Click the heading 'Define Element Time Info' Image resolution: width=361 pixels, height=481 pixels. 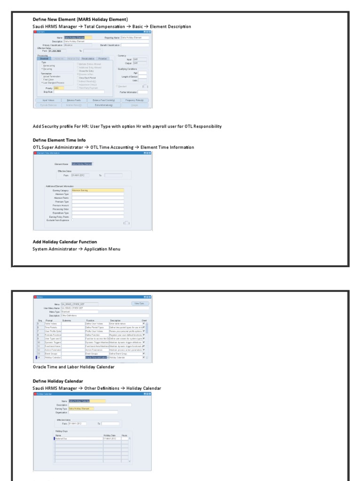[59, 140]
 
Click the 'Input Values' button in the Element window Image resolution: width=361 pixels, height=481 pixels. [48, 100]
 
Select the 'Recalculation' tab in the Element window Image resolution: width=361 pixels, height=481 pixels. [88, 58]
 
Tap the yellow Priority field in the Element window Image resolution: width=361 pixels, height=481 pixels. [59, 88]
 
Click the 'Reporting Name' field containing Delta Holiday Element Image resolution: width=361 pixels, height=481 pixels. [134, 38]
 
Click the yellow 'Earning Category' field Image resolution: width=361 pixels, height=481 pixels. [98, 190]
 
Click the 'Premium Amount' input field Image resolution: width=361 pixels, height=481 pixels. [98, 205]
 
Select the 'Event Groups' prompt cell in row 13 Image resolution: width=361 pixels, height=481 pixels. [52, 353]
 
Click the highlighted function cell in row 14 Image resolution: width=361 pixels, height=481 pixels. [96, 358]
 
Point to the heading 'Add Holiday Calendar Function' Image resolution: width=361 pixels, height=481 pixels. [65, 242]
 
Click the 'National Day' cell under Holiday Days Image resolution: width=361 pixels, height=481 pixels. [78, 438]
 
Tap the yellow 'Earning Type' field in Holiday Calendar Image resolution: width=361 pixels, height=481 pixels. [81, 409]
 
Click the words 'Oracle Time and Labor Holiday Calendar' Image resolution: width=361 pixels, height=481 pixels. [74, 367]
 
